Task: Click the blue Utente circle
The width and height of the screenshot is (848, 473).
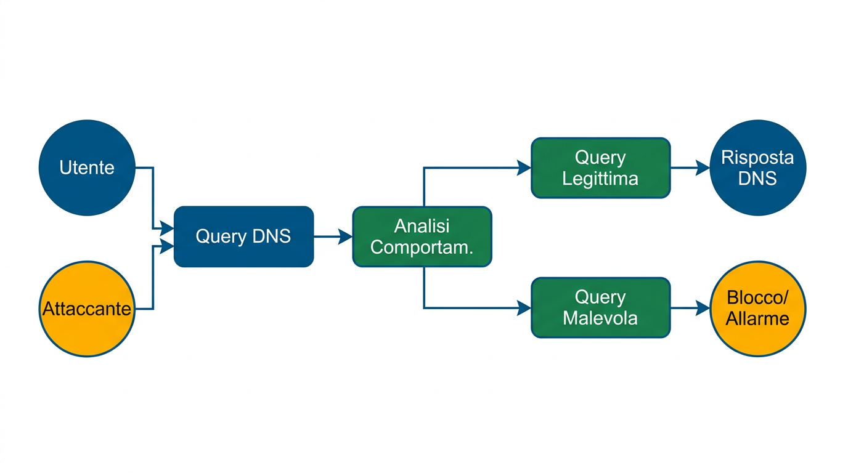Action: point(86,168)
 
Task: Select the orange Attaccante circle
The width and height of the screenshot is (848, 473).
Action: point(86,309)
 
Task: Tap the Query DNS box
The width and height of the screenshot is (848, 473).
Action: point(243,236)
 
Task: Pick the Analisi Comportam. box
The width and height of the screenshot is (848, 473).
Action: point(422,236)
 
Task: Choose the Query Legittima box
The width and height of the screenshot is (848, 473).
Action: point(600,168)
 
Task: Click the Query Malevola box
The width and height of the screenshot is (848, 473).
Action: point(600,307)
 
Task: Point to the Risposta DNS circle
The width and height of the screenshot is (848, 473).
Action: point(757,168)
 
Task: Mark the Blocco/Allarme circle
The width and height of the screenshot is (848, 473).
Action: point(757,308)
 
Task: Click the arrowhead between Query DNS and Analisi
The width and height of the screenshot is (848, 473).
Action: point(346,236)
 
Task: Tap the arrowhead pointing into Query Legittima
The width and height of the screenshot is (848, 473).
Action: point(524,168)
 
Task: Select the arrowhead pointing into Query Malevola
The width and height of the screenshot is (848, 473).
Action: point(524,308)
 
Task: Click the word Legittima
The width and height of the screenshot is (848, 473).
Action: point(600,179)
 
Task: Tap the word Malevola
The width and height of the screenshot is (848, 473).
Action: point(600,318)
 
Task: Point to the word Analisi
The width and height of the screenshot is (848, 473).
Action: point(422,226)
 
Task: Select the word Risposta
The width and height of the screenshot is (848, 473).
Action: point(757,158)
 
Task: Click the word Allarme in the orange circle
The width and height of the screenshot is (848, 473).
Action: point(757,318)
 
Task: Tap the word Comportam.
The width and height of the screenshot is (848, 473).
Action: point(422,248)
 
